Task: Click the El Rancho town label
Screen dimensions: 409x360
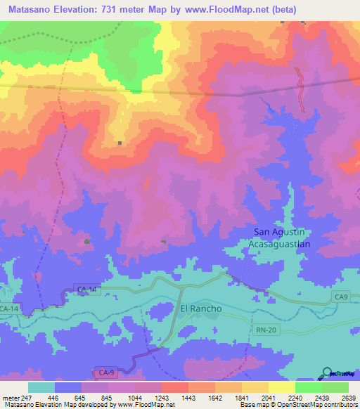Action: pyautogui.click(x=201, y=309)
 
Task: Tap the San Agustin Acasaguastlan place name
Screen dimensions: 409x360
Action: pyautogui.click(x=281, y=238)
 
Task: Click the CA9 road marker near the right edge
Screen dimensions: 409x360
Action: pyautogui.click(x=342, y=298)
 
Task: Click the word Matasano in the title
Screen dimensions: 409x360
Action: pyautogui.click(x=30, y=10)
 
